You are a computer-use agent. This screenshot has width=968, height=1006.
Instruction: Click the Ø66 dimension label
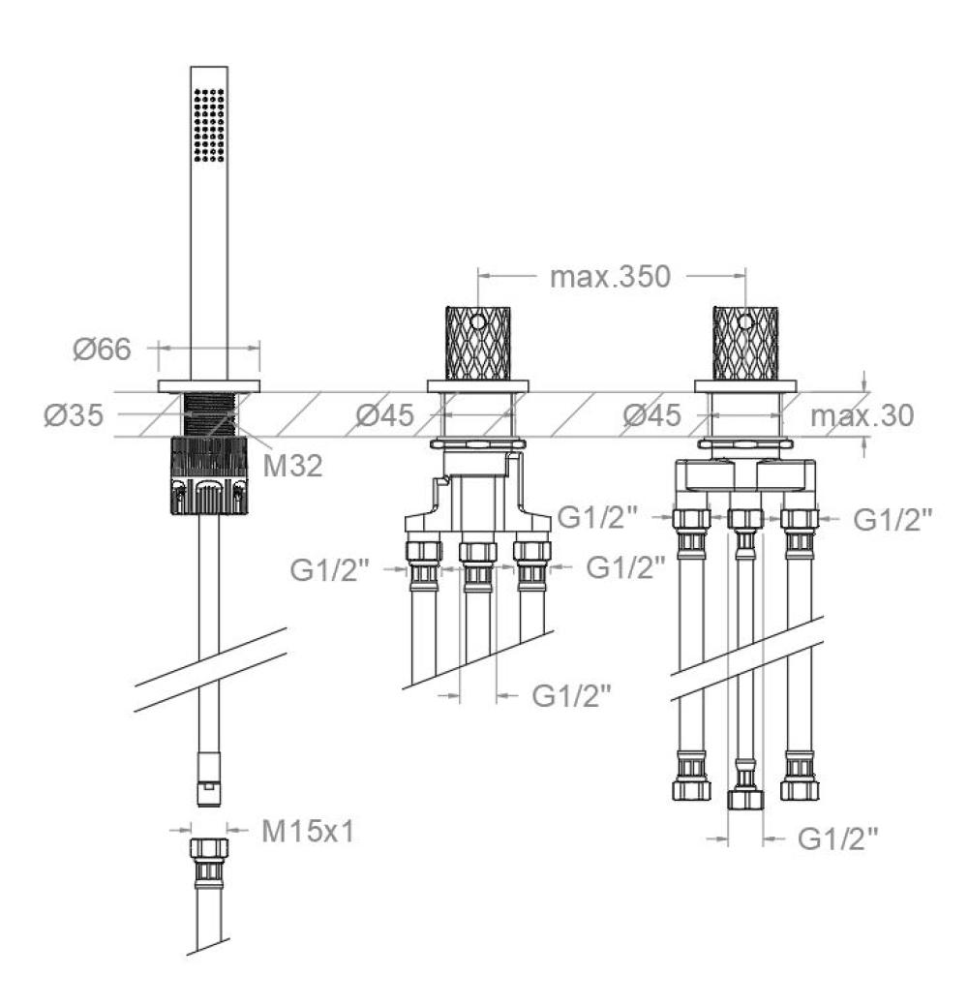102,349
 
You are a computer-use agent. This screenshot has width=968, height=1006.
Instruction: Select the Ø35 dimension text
74,415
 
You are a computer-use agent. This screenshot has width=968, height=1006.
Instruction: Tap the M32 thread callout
292,466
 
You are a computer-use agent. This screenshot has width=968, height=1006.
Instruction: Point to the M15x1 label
308,832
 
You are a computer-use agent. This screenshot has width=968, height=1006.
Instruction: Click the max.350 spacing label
610,277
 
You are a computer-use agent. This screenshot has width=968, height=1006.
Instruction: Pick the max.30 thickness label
862,415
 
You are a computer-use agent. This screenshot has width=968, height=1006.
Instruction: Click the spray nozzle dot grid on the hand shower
208,125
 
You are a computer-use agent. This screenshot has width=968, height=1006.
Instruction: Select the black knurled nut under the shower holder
209,475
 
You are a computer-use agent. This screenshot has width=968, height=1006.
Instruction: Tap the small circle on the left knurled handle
478,320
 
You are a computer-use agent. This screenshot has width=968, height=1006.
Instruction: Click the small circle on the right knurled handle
745,320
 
